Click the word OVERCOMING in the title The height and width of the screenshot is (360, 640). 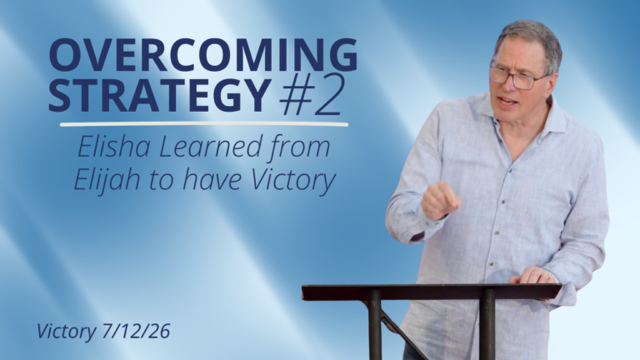click(203, 55)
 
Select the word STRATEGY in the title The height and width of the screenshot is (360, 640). click(160, 95)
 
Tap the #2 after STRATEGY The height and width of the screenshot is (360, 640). click(311, 95)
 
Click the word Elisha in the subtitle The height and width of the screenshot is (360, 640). click(114, 147)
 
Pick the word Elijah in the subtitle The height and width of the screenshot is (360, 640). click(107, 180)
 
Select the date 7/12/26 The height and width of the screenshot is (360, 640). click(136, 331)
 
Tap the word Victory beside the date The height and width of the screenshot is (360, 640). click(66, 332)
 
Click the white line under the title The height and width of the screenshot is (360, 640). click(204, 123)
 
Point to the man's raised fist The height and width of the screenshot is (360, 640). click(440, 200)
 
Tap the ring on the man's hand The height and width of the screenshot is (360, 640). click(547, 276)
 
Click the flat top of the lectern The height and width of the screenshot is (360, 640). click(432, 292)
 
